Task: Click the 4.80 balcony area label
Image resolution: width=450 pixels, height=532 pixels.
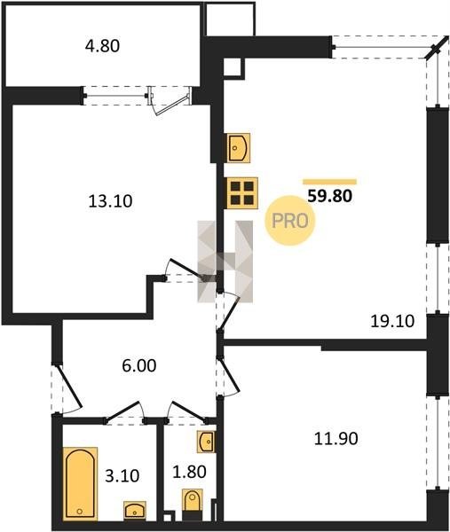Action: tap(102, 46)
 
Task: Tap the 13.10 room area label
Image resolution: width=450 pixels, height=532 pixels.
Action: tap(110, 201)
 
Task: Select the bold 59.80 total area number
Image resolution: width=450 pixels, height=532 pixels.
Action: tap(329, 196)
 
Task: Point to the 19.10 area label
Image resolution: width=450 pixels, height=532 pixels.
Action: tap(392, 321)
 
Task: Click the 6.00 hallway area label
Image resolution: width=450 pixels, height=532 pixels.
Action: tap(139, 365)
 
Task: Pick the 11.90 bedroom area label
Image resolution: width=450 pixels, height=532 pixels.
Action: tap(336, 438)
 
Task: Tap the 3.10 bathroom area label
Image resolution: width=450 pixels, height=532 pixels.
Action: tap(122, 475)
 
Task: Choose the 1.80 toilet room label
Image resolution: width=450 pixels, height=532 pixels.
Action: tap(190, 472)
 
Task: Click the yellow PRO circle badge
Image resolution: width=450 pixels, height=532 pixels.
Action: tap(290, 221)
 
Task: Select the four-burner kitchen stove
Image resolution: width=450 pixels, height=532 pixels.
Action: tap(242, 192)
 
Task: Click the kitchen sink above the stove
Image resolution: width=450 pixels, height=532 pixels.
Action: tap(239, 148)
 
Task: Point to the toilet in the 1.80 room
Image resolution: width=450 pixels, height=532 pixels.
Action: tap(193, 500)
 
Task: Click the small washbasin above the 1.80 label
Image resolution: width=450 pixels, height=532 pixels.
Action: tap(207, 442)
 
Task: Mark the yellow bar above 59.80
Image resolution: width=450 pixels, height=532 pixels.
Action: tap(330, 182)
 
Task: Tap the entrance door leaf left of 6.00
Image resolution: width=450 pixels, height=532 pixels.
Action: tap(70, 386)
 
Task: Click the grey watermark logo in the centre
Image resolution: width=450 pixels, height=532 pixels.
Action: tap(225, 262)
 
